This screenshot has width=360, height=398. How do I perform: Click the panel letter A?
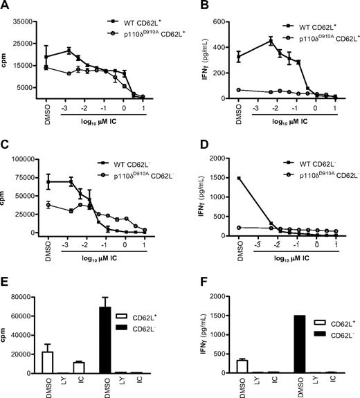coord(7,8)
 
